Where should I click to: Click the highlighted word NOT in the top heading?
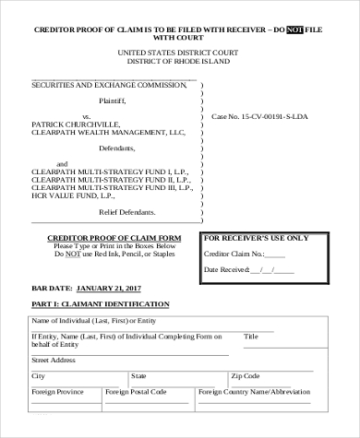point(298,30)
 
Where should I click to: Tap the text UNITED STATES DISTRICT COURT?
point(180,53)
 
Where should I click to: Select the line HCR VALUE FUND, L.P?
point(73,196)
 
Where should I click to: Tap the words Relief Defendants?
point(139,211)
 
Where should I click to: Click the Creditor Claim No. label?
point(234,254)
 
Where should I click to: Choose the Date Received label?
point(227,270)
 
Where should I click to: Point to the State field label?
point(138,376)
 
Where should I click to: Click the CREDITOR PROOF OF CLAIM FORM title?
point(114,238)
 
